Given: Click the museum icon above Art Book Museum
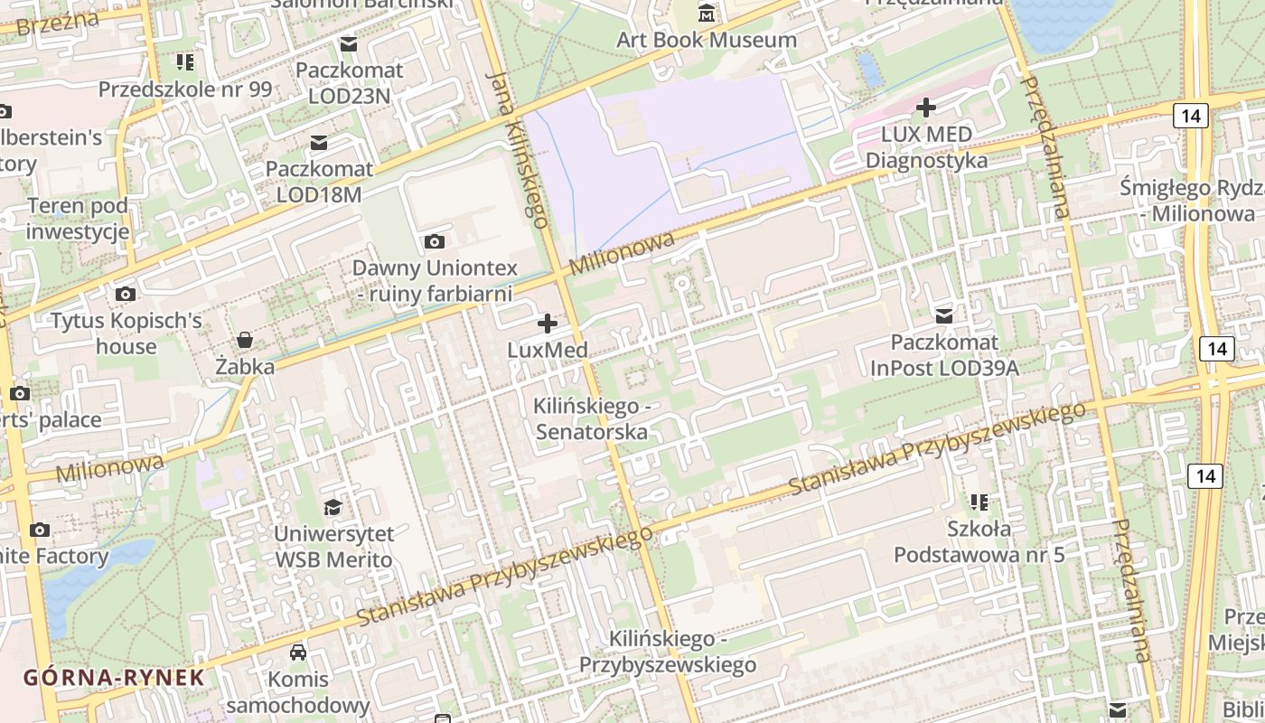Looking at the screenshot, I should [707, 14].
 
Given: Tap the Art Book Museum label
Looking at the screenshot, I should [707, 40].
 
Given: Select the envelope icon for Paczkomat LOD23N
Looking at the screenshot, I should [349, 44].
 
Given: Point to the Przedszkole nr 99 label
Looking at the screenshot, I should [184, 89].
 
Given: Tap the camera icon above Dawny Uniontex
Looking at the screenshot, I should [435, 241].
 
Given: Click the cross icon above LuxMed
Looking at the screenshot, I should [548, 324].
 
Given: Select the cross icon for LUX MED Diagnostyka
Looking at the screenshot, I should [926, 108].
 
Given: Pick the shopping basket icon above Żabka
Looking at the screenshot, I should [245, 340].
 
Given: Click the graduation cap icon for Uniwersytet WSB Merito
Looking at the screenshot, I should [333, 507].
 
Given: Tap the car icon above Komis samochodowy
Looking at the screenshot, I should [298, 653].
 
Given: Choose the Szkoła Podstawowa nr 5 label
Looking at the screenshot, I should [979, 540].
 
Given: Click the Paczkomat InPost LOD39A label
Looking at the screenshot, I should [944, 355].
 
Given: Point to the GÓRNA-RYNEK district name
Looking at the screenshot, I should [114, 677].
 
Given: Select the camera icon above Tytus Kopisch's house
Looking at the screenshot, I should [126, 295].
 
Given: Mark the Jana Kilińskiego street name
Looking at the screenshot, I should [518, 149].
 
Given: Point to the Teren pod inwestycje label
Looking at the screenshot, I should [78, 219].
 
